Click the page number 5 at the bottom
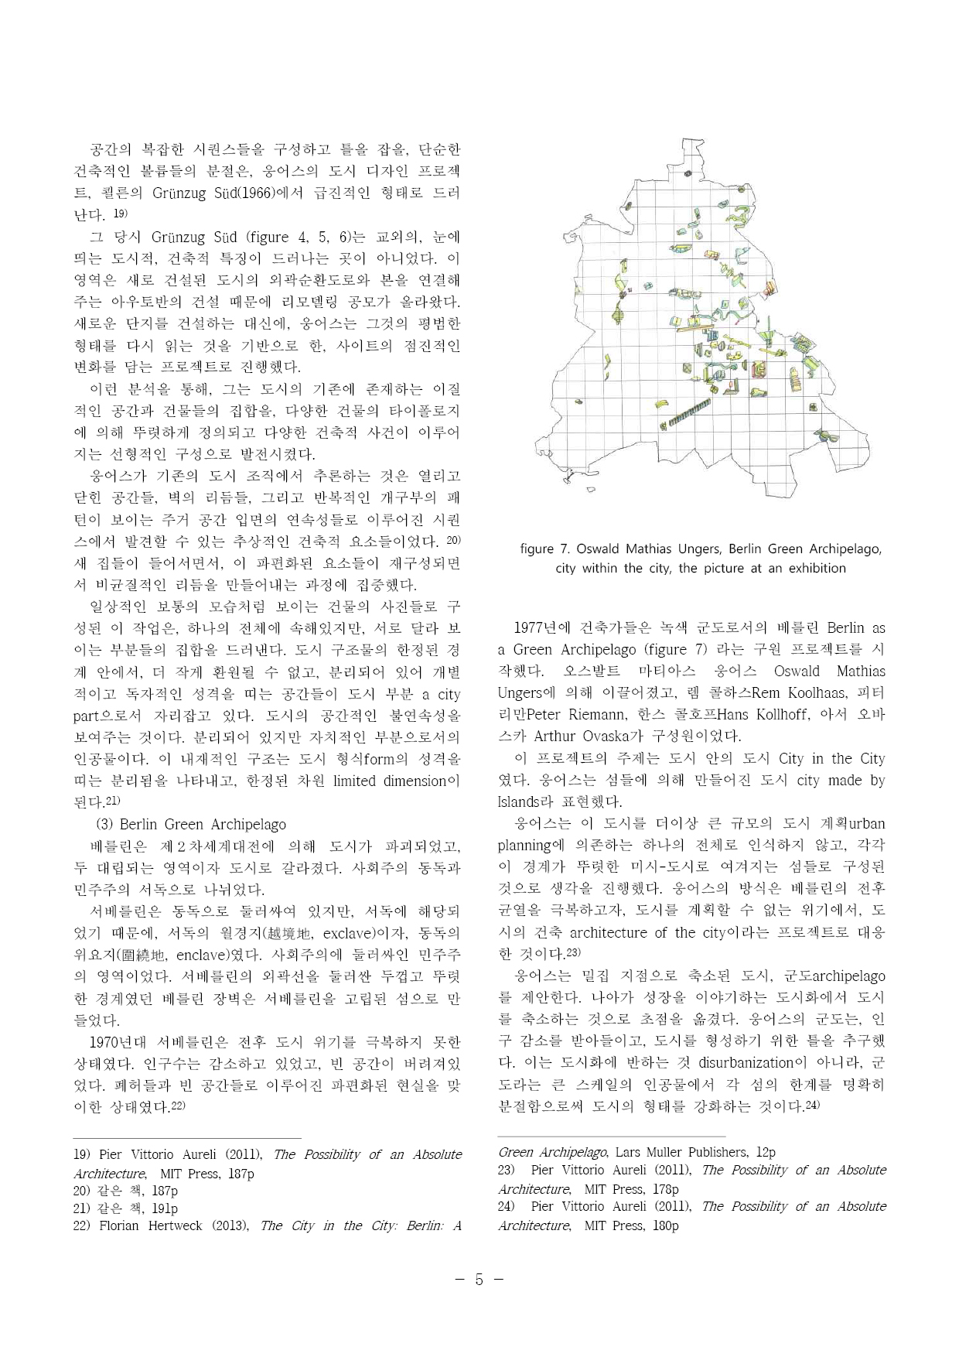click(x=479, y=1279)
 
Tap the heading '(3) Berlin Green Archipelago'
click(x=190, y=824)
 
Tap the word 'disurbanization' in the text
click(x=746, y=1062)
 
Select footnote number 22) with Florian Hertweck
click(x=82, y=1225)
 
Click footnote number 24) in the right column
click(x=507, y=1206)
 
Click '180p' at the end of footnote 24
click(x=660, y=1225)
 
